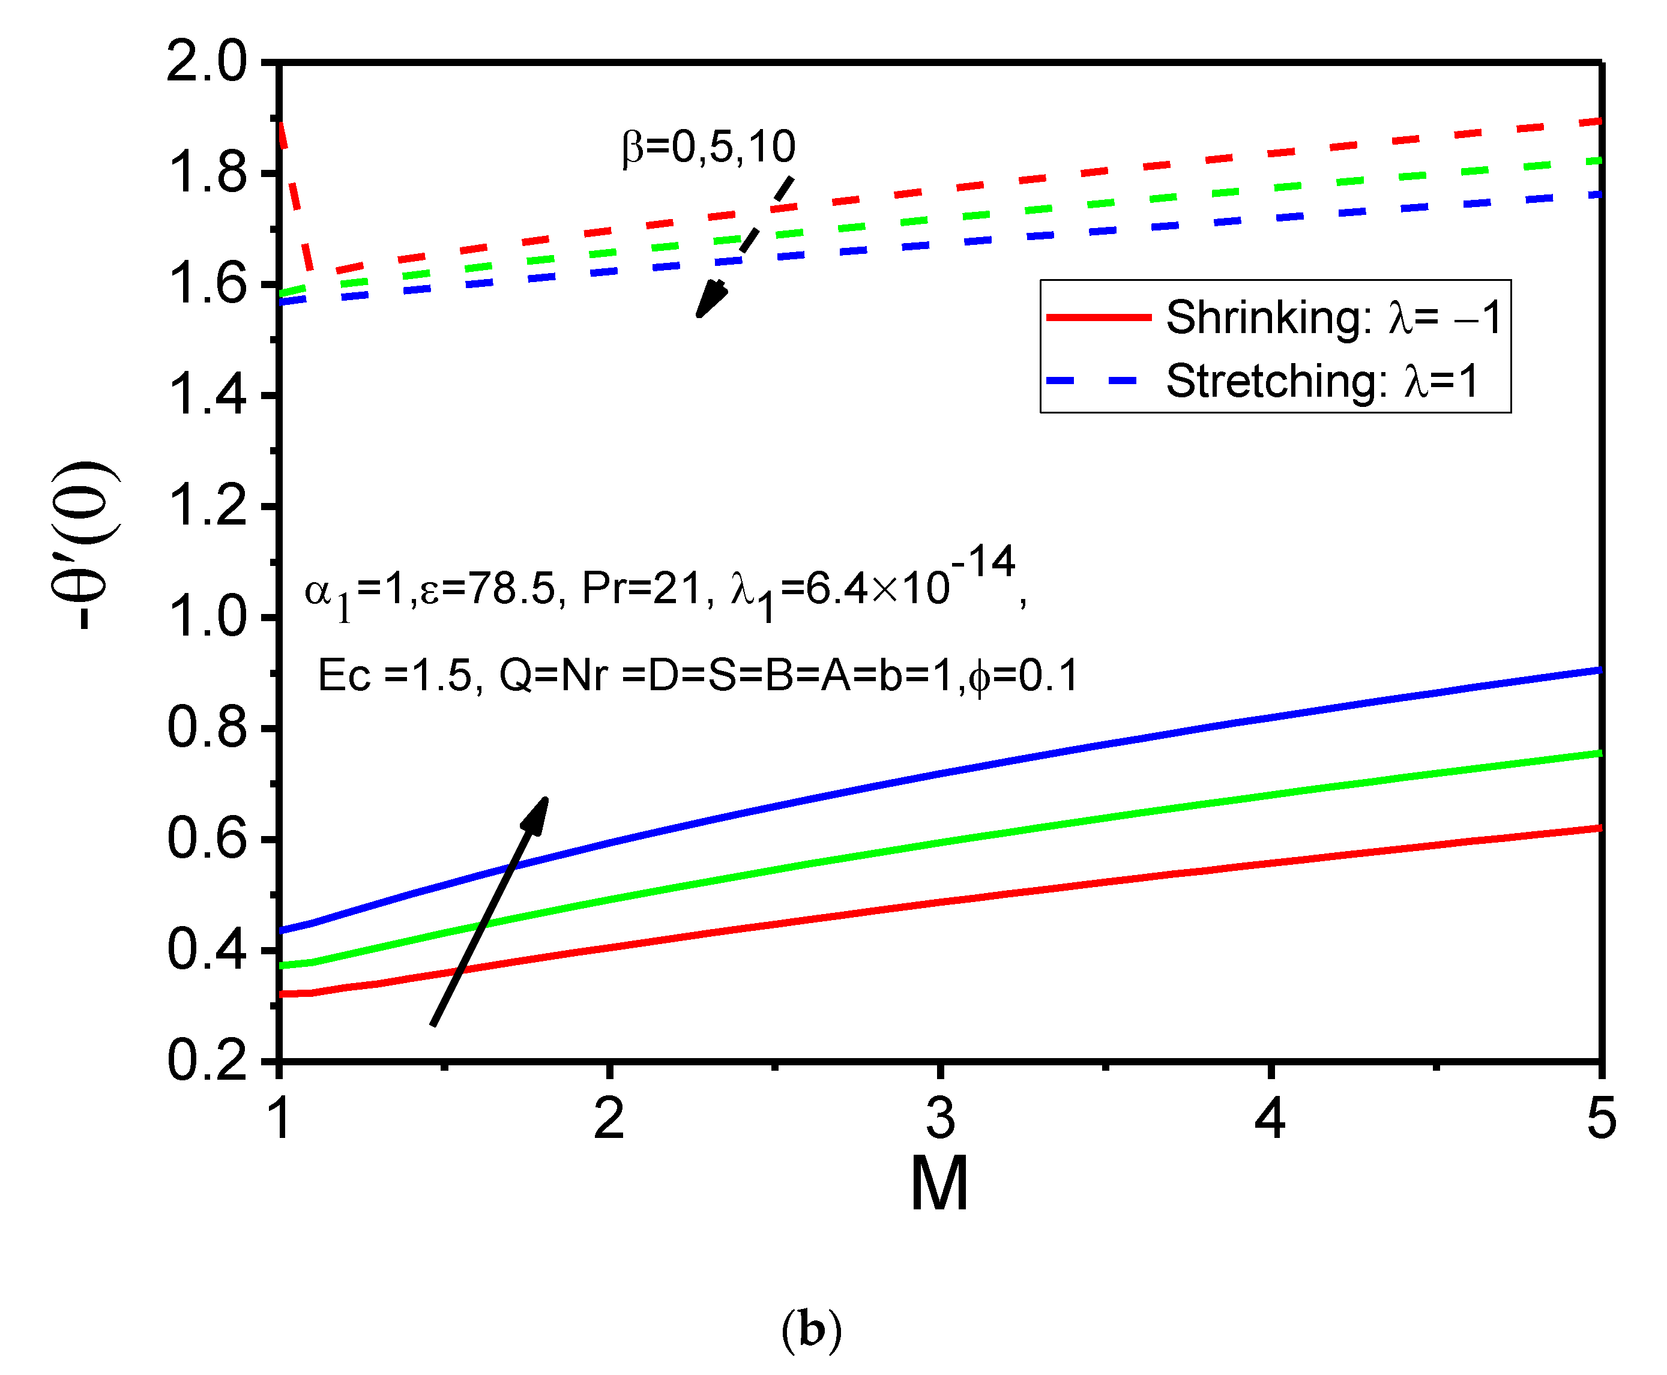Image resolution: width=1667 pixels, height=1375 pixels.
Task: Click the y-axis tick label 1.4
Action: (x=206, y=396)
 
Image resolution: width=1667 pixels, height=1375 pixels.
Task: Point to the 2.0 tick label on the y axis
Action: (x=206, y=62)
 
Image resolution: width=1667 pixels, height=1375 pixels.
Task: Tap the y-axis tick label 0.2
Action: (x=206, y=1061)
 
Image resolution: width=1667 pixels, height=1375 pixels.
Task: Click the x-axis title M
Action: (x=939, y=1185)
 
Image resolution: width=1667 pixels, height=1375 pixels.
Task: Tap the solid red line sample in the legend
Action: (x=1099, y=317)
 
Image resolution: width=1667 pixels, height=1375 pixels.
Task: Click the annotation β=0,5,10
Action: (x=708, y=147)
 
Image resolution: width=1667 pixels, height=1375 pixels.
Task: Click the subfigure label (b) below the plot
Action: (x=812, y=1330)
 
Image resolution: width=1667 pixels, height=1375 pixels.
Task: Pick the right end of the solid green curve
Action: (x=1599, y=753)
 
